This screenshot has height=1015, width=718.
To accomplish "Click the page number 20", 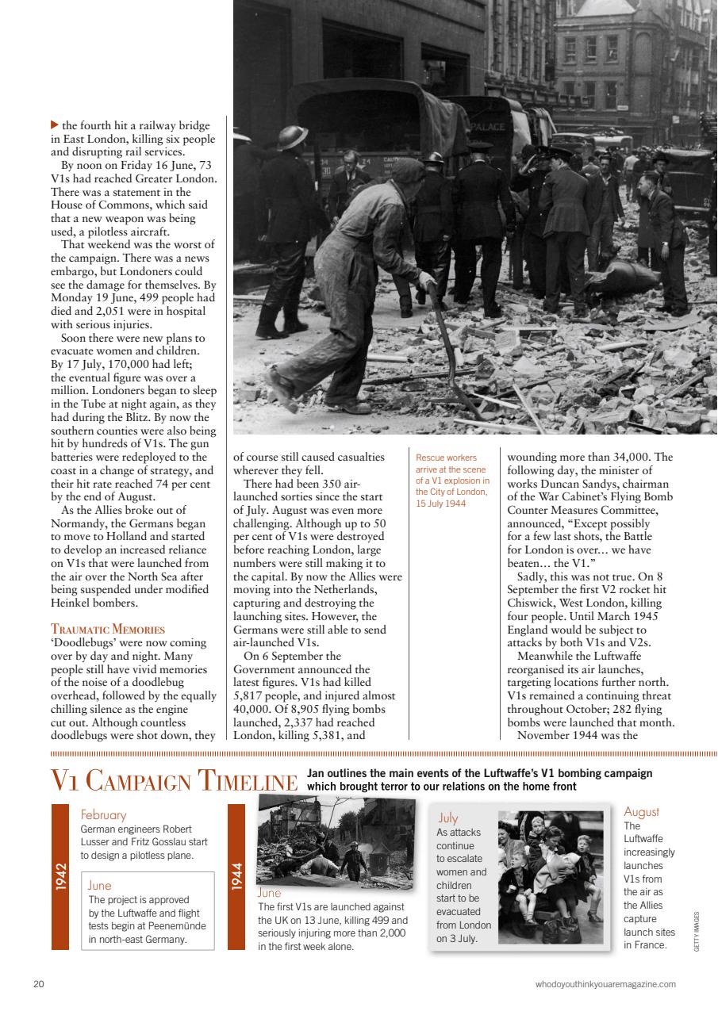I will [39, 984].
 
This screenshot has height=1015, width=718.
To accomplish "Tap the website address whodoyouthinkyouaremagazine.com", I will [605, 984].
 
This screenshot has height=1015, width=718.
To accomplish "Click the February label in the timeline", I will [103, 814].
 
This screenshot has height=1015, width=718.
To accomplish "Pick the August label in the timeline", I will [641, 812].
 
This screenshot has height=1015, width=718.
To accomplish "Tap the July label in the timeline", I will [448, 818].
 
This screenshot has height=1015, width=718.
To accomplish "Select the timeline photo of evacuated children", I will [551, 876].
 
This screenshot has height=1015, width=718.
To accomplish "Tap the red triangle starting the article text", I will [54, 124].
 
